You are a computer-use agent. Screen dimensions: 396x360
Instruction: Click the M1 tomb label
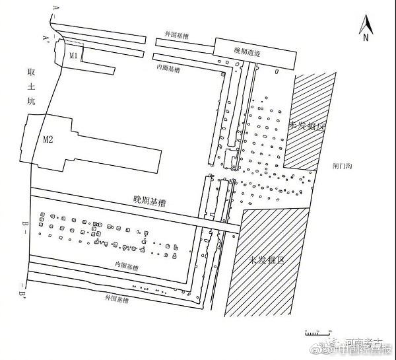point(75,56)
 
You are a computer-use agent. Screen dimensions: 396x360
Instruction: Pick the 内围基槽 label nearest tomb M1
point(168,67)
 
